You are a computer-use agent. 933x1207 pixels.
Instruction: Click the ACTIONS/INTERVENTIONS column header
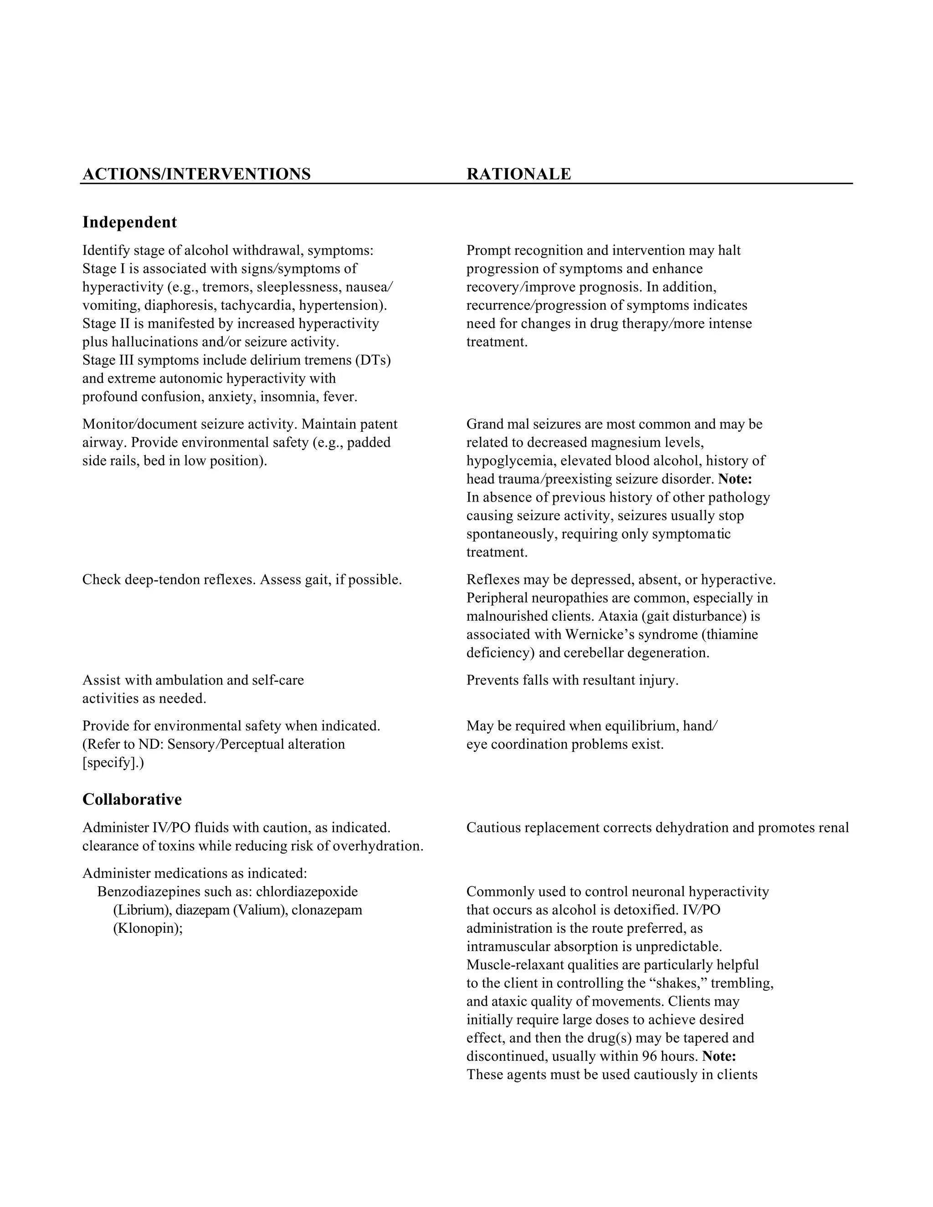tap(196, 174)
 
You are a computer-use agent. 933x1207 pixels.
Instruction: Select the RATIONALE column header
tap(518, 174)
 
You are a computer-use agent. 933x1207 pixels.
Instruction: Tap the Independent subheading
tap(129, 222)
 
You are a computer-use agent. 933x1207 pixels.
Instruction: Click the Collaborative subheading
tap(132, 799)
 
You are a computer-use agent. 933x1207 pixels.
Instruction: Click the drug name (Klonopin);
tap(148, 928)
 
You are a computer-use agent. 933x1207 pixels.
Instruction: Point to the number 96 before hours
tap(650, 1056)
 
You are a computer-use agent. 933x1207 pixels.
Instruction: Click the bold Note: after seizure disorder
tap(735, 479)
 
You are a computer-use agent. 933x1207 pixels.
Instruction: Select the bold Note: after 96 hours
tap(719, 1056)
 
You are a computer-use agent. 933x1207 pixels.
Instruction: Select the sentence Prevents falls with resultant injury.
tap(572, 680)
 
